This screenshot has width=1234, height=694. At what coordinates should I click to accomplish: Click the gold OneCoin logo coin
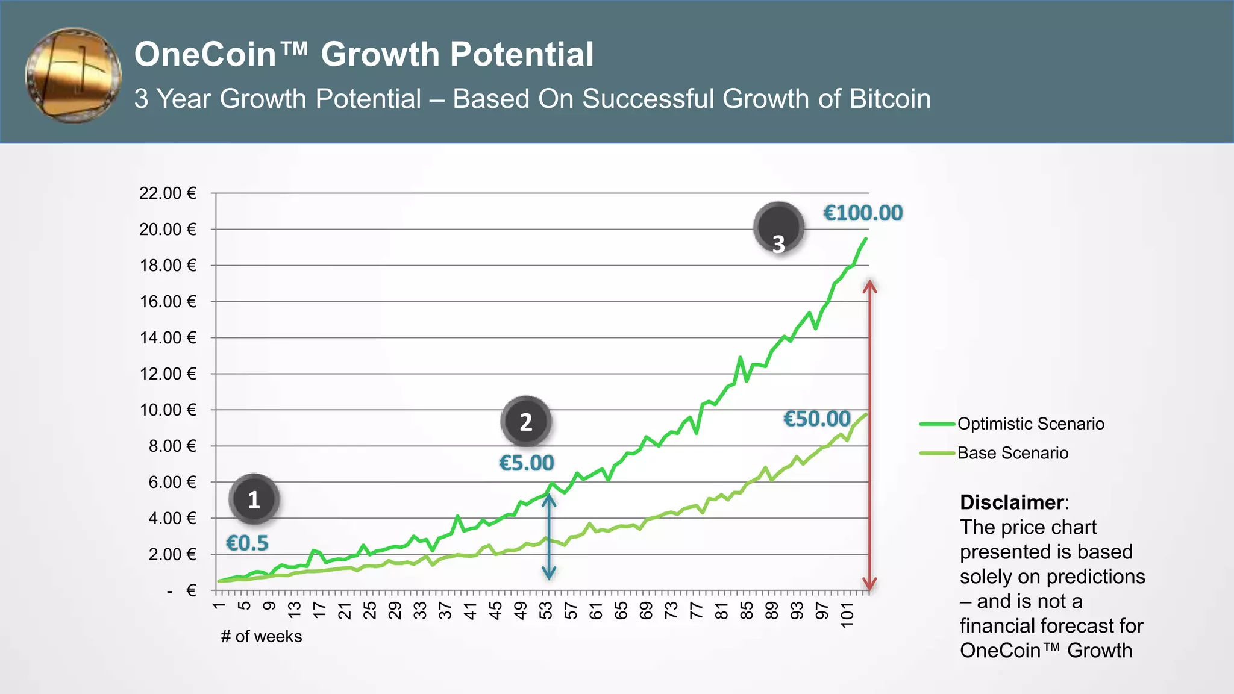click(x=74, y=75)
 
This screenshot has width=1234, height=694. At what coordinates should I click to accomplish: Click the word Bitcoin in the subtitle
click(x=889, y=99)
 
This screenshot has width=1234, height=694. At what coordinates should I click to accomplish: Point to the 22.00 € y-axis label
click(x=168, y=193)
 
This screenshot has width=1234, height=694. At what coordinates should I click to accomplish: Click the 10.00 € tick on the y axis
click(x=168, y=410)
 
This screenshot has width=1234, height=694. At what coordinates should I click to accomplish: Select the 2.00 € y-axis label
click(x=172, y=554)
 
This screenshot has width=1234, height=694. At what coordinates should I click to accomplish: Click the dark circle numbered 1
click(x=254, y=499)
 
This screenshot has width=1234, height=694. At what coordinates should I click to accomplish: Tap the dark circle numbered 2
click(x=526, y=422)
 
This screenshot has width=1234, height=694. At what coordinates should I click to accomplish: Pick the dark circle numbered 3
click(x=778, y=228)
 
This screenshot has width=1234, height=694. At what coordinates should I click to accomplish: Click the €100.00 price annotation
click(x=863, y=213)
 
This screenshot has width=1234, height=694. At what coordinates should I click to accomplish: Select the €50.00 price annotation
click(x=816, y=419)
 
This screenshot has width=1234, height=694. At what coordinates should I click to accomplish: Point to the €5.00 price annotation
click(x=526, y=463)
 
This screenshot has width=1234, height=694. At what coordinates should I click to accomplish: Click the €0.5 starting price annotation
click(x=247, y=543)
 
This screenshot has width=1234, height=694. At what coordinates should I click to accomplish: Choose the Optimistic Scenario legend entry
click(x=1030, y=424)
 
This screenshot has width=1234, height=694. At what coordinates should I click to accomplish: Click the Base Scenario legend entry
click(x=1012, y=453)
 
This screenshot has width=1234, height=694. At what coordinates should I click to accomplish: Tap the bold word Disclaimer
click(x=1012, y=502)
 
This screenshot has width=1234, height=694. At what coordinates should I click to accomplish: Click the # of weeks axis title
click(x=261, y=637)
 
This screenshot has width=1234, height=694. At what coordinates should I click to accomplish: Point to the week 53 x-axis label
click(x=546, y=610)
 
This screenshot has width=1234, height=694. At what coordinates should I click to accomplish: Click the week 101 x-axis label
click(x=847, y=614)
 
